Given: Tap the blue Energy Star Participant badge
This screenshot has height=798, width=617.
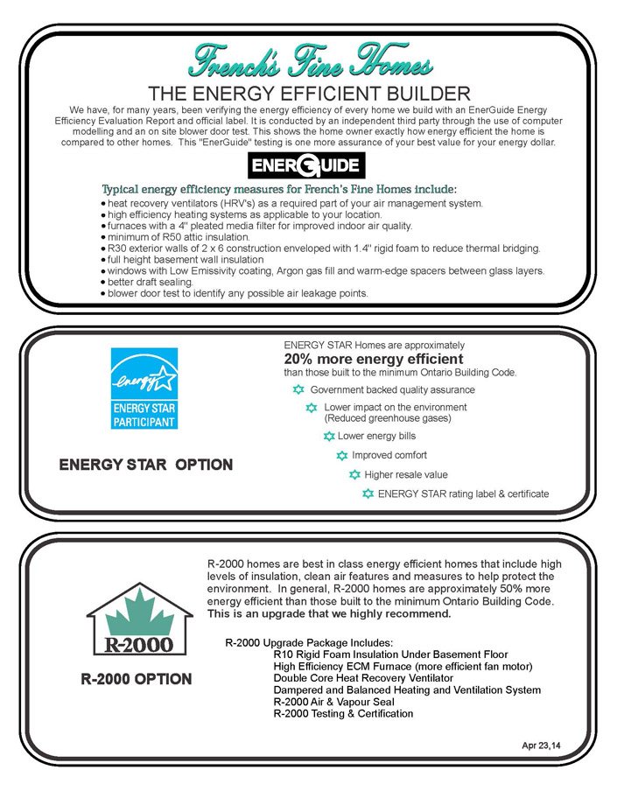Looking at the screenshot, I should tap(144, 388).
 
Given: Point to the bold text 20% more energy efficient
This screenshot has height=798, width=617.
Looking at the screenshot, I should tap(374, 359).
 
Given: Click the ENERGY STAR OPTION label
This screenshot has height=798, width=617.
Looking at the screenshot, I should tap(145, 465).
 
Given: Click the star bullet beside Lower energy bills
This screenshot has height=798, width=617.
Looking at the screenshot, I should tap(329, 436).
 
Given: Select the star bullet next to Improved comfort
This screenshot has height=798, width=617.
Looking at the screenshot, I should tap(342, 455).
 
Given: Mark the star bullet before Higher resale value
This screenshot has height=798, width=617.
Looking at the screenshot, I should tap(355, 474).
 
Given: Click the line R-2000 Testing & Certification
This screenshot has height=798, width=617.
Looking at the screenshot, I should tap(343, 714).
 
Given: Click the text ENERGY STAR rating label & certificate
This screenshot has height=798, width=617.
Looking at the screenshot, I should tap(463, 494).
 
